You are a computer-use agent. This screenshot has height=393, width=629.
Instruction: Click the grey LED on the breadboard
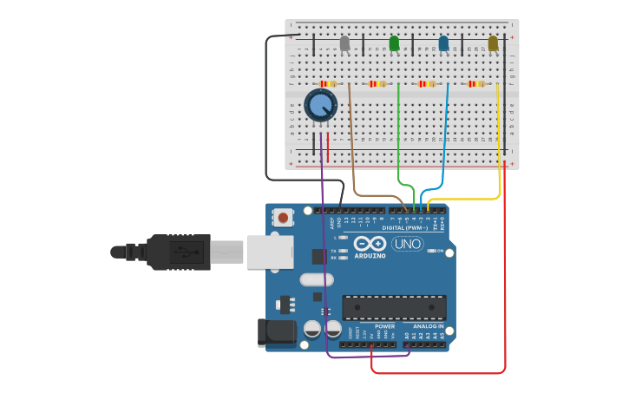point(344,43)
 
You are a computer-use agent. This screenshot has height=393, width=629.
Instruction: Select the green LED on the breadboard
point(394,43)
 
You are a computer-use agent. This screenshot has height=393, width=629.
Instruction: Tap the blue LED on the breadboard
point(443,43)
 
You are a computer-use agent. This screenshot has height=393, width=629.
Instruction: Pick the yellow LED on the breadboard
point(493,43)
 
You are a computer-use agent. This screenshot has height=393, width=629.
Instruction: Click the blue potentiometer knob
point(320,106)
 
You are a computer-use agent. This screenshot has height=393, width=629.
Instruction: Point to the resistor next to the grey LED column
point(328,84)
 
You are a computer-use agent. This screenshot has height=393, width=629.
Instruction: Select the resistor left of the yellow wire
point(475,84)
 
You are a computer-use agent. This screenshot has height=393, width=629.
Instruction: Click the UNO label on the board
point(407,244)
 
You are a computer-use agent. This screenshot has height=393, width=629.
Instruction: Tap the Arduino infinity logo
point(370,245)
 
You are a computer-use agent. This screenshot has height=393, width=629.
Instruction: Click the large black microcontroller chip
point(394,307)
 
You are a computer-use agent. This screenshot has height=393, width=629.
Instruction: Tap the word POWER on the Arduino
point(384,326)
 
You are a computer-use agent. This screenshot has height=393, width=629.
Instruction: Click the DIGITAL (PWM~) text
point(405,227)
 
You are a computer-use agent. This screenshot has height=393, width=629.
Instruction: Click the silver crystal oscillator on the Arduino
point(317,279)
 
